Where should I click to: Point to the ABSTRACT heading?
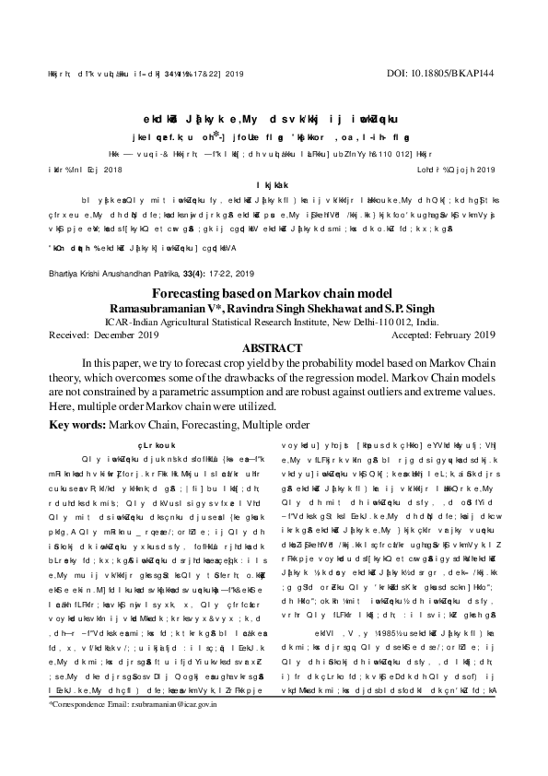click(x=274, y=349)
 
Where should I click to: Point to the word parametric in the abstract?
click(x=189, y=392)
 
